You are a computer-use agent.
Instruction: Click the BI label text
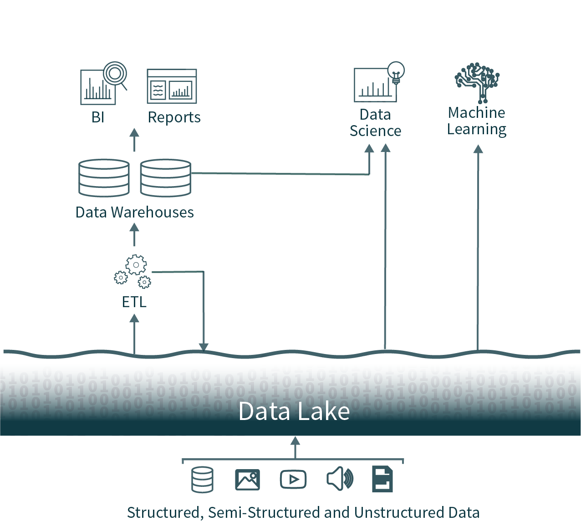pyautogui.click(x=98, y=117)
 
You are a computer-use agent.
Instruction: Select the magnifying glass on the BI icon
pyautogui.click(x=115, y=73)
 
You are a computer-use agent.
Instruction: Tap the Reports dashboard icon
pyautogui.click(x=172, y=86)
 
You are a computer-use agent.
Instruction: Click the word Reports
pyautogui.click(x=174, y=117)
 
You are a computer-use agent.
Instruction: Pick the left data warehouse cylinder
pyautogui.click(x=104, y=178)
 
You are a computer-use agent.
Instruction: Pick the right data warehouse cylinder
pyautogui.click(x=166, y=178)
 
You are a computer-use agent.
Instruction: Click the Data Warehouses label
pyautogui.click(x=134, y=212)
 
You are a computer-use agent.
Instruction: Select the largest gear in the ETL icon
pyautogui.click(x=136, y=264)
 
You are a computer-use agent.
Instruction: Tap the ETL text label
pyautogui.click(x=134, y=302)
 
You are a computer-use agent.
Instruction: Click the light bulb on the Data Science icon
pyautogui.click(x=396, y=71)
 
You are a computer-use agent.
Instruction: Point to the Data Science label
pyautogui.click(x=375, y=123)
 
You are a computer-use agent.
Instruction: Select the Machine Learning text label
pyautogui.click(x=477, y=121)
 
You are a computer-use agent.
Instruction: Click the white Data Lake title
pyautogui.click(x=294, y=411)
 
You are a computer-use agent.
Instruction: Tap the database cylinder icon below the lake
pyautogui.click(x=202, y=480)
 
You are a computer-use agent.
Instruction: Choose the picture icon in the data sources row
pyautogui.click(x=248, y=480)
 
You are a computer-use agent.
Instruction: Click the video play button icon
pyautogui.click(x=293, y=480)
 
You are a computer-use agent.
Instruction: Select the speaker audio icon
pyautogui.click(x=340, y=480)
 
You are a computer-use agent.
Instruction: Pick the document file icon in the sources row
pyautogui.click(x=382, y=479)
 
